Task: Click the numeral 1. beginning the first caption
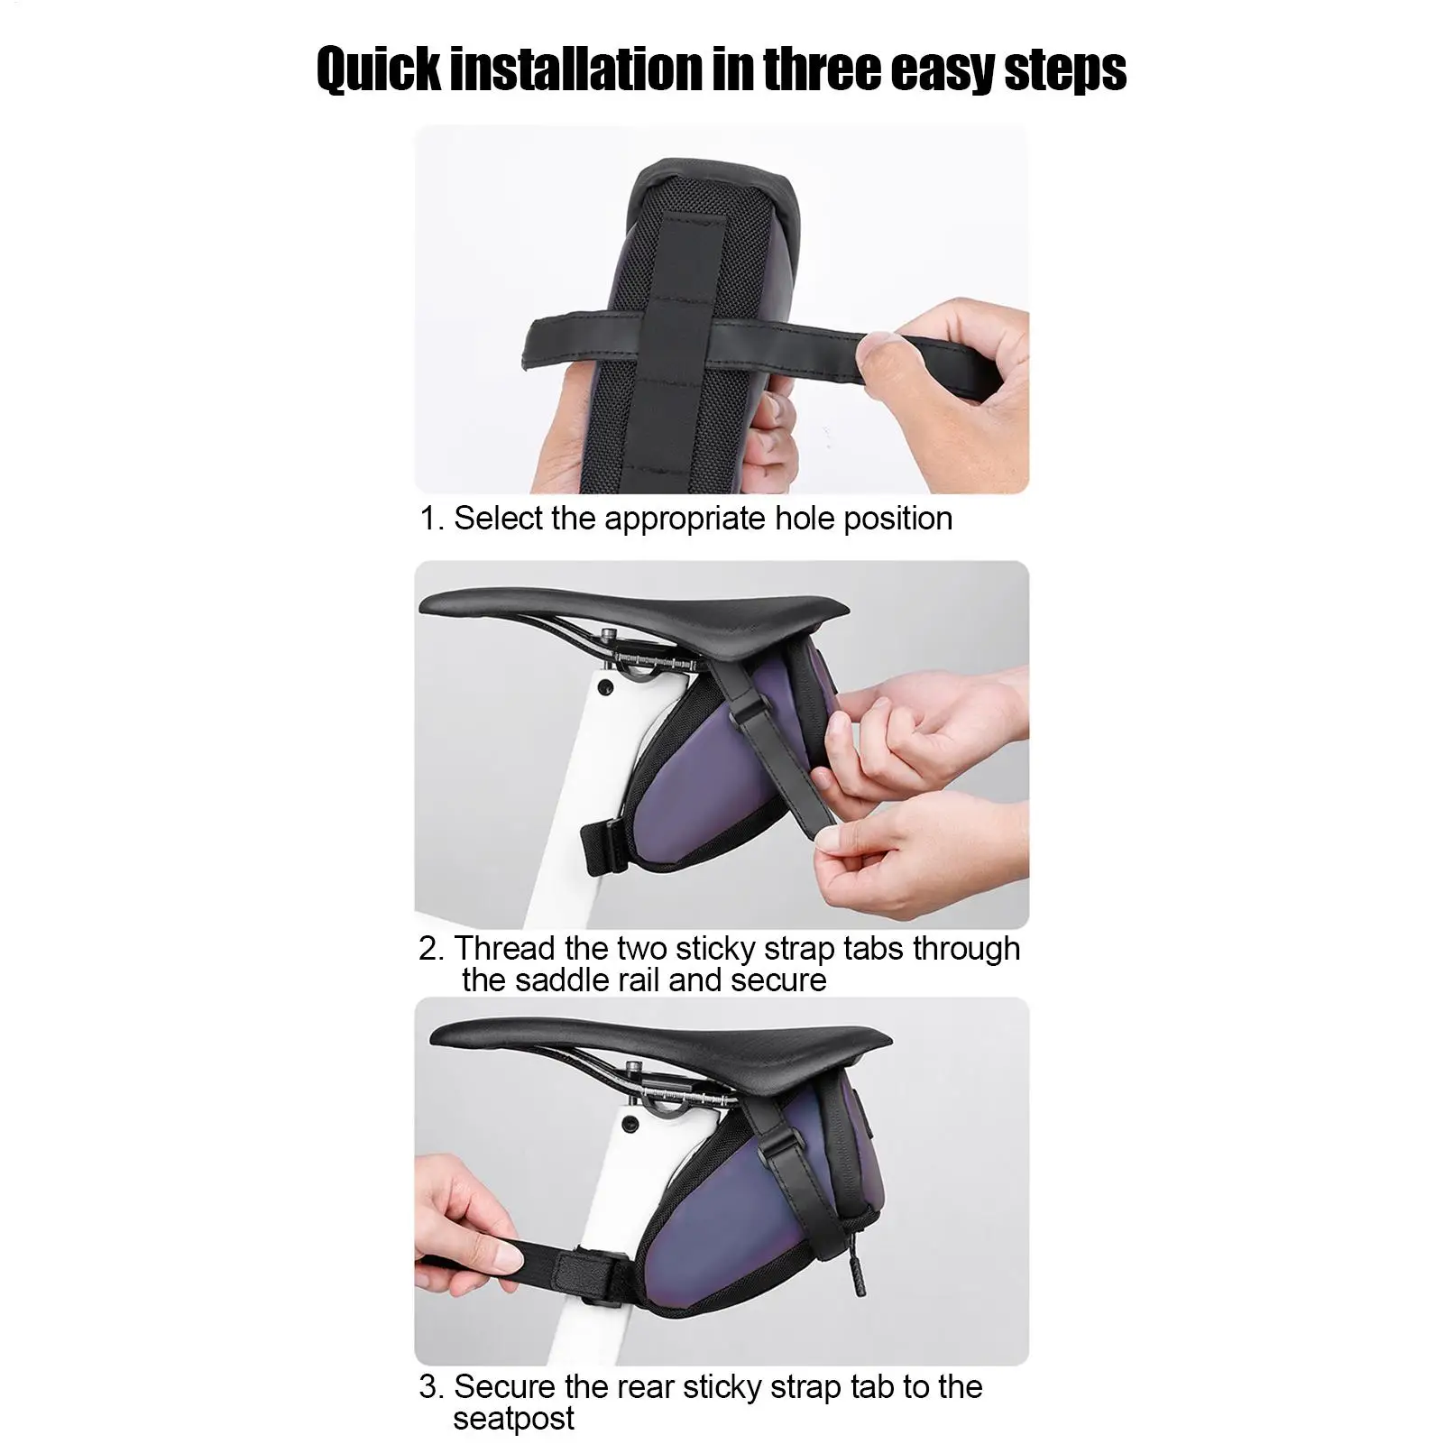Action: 433,519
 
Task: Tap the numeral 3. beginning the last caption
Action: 433,1386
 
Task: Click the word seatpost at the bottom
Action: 513,1418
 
